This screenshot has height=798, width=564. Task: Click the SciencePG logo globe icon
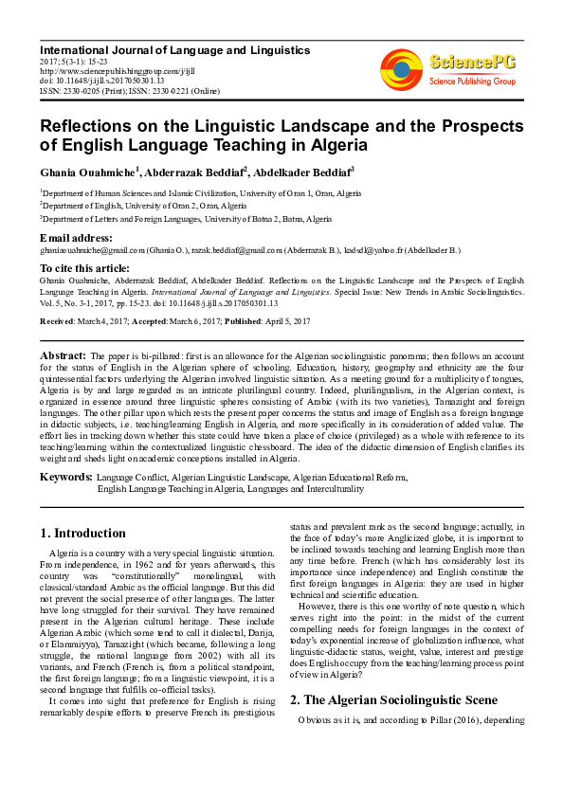click(402, 69)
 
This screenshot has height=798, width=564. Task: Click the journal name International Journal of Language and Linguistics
click(174, 49)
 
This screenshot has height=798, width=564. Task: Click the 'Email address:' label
click(76, 237)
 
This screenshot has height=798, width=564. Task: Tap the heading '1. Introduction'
click(83, 533)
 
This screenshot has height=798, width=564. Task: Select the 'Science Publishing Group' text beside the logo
click(471, 82)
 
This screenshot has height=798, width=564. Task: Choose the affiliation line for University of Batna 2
click(186, 219)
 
